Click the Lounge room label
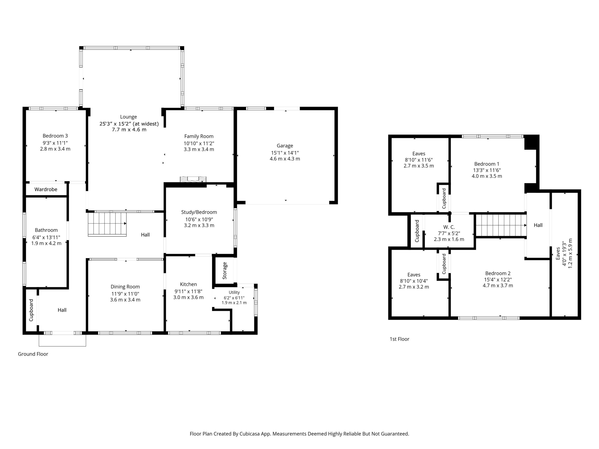pyautogui.click(x=128, y=117)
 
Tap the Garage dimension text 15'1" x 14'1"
pyautogui.click(x=285, y=153)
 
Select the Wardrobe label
pyautogui.click(x=46, y=189)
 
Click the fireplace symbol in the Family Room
pyautogui.click(x=193, y=179)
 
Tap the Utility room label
pyautogui.click(x=234, y=292)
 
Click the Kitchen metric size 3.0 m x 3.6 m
pyautogui.click(x=188, y=297)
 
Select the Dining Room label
pyautogui.click(x=125, y=287)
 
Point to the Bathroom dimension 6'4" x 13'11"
pyautogui.click(x=46, y=237)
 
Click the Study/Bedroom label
pyautogui.click(x=199, y=212)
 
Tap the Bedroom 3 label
pyautogui.click(x=55, y=136)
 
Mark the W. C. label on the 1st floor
pyautogui.click(x=449, y=227)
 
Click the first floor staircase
pyautogui.click(x=501, y=225)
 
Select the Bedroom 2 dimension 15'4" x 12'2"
pyautogui.click(x=498, y=280)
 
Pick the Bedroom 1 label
pyautogui.click(x=487, y=164)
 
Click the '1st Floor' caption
pyautogui.click(x=399, y=339)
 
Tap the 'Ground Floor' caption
pyautogui.click(x=33, y=354)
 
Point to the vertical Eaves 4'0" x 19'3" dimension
pyautogui.click(x=564, y=253)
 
